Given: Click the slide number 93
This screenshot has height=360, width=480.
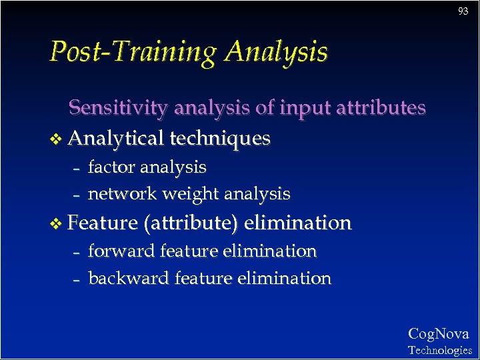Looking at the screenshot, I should [x=463, y=11].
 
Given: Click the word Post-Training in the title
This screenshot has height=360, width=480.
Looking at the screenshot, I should [x=134, y=52].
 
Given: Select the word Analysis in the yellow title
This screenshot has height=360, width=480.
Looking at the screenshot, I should [x=276, y=52].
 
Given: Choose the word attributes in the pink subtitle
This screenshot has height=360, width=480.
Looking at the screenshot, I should [x=381, y=107].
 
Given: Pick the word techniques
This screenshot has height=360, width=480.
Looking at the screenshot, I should [x=220, y=138].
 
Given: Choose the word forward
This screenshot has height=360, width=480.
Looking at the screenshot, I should [x=121, y=251].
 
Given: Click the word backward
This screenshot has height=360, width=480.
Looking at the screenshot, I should [x=129, y=278].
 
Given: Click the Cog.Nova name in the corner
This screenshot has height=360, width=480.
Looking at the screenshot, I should [x=438, y=334].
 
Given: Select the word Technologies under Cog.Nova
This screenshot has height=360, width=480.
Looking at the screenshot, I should [x=439, y=350].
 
